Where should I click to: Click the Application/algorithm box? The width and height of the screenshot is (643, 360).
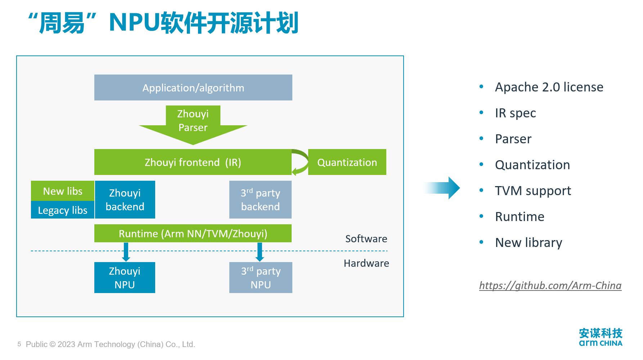193,87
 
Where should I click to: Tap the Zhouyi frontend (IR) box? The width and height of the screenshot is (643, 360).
193,162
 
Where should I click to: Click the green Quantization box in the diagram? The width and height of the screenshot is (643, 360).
347,162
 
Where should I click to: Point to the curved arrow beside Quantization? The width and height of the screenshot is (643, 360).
301,162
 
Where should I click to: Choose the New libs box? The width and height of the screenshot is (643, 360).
63,191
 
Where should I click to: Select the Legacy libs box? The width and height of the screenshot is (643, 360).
63,210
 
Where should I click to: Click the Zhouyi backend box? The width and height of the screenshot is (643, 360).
125,199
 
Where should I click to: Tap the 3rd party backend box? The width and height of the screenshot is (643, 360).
260,199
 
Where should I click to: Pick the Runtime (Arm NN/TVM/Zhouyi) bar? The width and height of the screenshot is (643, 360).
193,233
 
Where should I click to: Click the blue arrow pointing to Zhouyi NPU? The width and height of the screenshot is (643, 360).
126,252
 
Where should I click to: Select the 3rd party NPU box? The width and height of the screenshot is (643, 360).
261,277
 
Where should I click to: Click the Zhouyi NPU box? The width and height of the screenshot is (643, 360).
125,277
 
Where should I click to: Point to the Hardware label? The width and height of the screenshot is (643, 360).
366,263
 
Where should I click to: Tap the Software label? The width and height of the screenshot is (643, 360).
366,239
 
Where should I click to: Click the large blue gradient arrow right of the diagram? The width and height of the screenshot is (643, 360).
445,188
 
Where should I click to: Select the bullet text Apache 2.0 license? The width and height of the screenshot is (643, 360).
549,87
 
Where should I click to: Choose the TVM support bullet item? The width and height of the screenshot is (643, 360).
533,191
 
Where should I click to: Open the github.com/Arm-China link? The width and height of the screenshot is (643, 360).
550,285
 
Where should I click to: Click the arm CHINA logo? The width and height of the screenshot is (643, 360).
601,337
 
